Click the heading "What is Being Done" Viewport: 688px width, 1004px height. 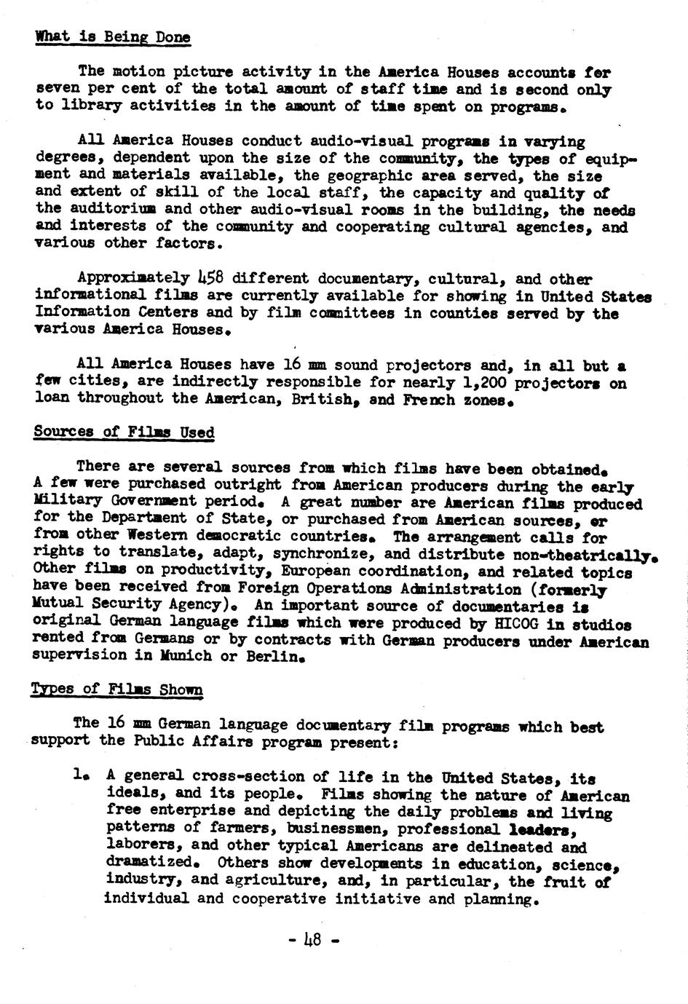[x=113, y=36]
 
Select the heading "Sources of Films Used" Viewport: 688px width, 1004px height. [x=124, y=432]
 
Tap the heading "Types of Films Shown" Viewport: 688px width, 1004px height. [x=116, y=689]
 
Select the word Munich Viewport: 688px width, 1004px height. [x=197, y=656]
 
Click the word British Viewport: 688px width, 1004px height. [x=322, y=400]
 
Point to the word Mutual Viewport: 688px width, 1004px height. [x=58, y=605]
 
